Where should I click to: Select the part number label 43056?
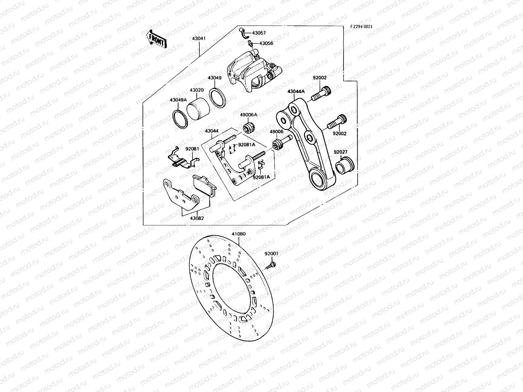(266, 43)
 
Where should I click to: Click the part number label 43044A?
(296, 92)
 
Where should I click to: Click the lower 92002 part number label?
(339, 134)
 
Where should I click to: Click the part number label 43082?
(197, 218)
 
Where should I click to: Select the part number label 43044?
(212, 131)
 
